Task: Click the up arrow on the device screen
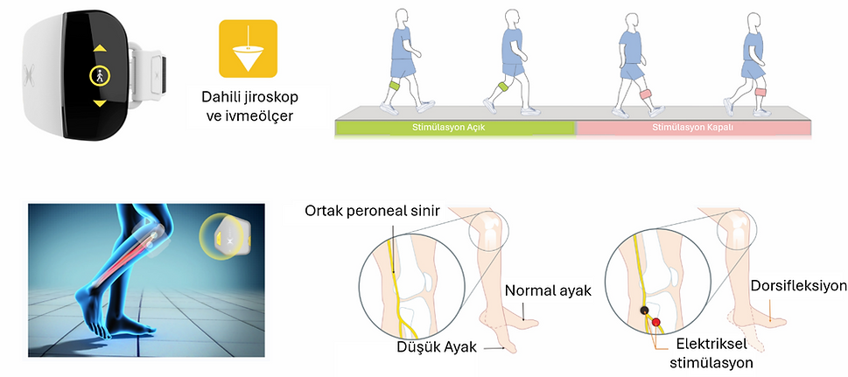pos(100,48)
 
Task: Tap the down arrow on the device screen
pos(100,102)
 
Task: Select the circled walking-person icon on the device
pos(100,76)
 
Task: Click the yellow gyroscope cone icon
pos(248,49)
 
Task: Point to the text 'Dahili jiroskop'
pos(249,97)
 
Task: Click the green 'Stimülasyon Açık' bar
pos(455,129)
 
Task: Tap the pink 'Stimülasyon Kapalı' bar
pos(694,129)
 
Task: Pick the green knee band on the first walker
pos(395,86)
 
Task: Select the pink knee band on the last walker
pos(760,92)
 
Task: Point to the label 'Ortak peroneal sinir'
pos(373,209)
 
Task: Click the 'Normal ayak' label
pos(549,290)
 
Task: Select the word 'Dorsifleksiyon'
pos(799,285)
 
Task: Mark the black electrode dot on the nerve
pos(644,311)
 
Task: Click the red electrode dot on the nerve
pos(656,323)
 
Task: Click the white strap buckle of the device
pos(151,70)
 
